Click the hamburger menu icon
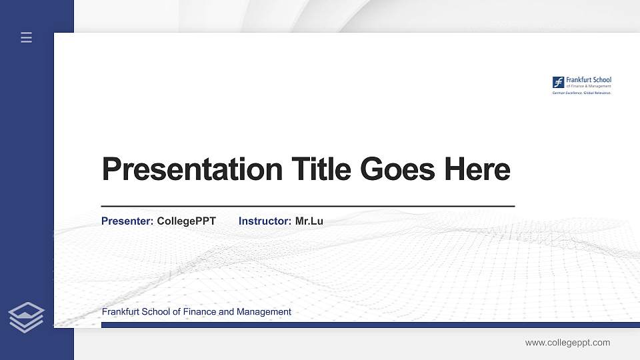[x=26, y=37]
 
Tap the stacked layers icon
[x=26, y=317]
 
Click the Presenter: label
[x=127, y=221]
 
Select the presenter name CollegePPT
[x=186, y=221]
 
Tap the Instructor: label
[x=265, y=221]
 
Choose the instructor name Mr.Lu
[x=309, y=221]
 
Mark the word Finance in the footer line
[x=198, y=312]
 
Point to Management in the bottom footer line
[x=264, y=312]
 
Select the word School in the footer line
[x=156, y=312]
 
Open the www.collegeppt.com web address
[x=567, y=343]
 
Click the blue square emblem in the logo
[x=558, y=82]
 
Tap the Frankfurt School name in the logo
[x=588, y=80]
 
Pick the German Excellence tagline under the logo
[x=581, y=93]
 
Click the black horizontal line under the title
[x=307, y=207]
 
